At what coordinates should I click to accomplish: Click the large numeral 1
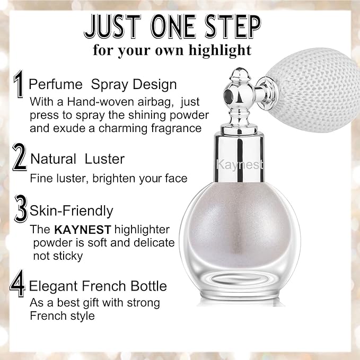pos(19,85)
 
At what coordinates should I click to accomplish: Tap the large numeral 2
pos(20,158)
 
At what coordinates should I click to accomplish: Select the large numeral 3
pos(21,210)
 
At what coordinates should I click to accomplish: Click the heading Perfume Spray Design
pos(103,84)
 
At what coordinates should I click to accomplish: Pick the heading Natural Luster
pos(77,159)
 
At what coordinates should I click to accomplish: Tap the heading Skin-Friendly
pos(72,210)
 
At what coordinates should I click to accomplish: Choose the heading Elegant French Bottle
pos(98,287)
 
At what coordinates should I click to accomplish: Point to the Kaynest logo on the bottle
pos(240,165)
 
